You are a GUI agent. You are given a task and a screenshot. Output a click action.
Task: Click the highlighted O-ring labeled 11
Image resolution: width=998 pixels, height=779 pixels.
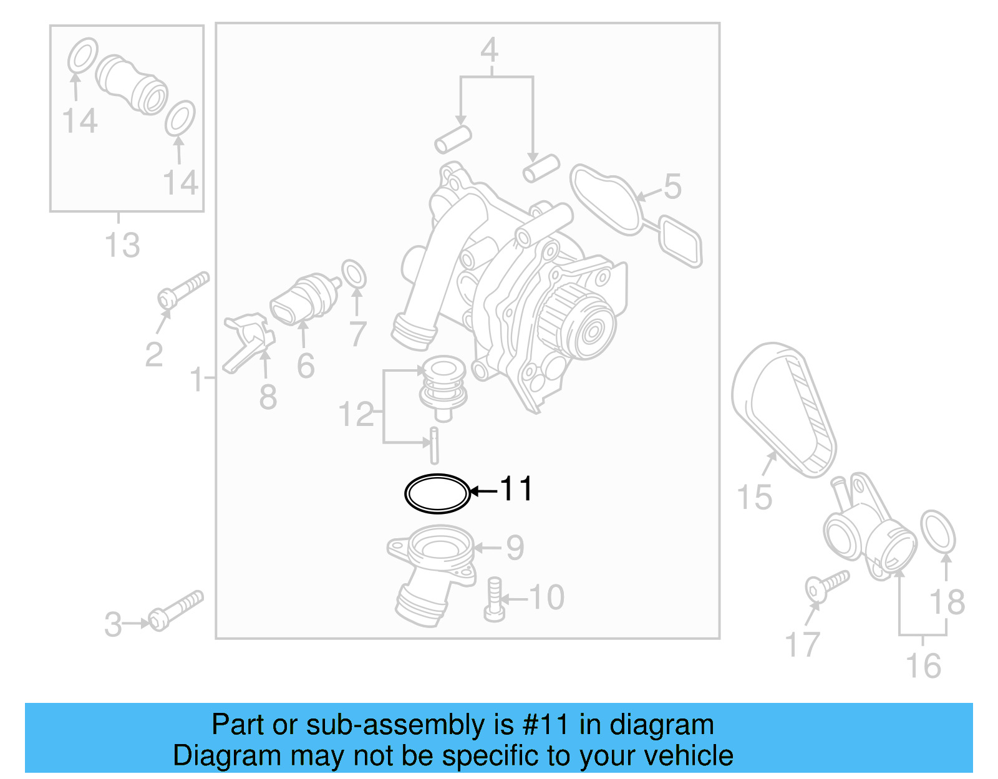point(437,493)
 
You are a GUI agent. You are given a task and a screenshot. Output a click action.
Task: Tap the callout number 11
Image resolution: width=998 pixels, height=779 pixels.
point(516,489)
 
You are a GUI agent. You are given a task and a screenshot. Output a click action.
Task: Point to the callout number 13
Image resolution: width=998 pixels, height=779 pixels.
point(122,245)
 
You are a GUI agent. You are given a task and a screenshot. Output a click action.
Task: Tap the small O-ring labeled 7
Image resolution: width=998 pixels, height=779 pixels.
point(354,274)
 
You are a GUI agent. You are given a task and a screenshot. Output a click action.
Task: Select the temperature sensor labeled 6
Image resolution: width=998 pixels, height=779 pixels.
point(304,299)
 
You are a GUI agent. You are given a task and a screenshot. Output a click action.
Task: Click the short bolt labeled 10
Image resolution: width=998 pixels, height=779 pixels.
point(494,599)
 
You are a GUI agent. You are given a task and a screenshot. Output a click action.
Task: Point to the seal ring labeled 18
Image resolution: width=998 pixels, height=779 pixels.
point(937,531)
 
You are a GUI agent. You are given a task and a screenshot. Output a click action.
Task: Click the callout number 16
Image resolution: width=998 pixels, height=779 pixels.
point(923,666)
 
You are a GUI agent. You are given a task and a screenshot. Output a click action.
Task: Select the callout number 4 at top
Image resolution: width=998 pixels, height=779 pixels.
point(490,50)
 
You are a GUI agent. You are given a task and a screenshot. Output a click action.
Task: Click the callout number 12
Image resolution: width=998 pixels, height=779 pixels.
point(356,415)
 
